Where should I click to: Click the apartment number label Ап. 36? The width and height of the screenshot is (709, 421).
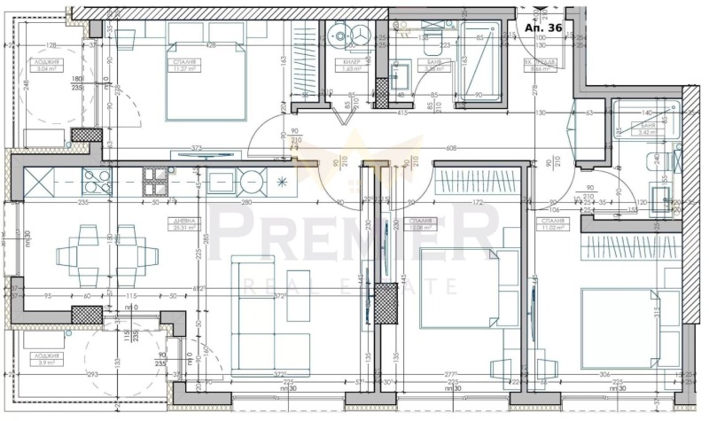point(544,27)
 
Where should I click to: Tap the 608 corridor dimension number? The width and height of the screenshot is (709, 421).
point(452,150)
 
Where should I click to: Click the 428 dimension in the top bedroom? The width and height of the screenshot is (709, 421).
point(211,45)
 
